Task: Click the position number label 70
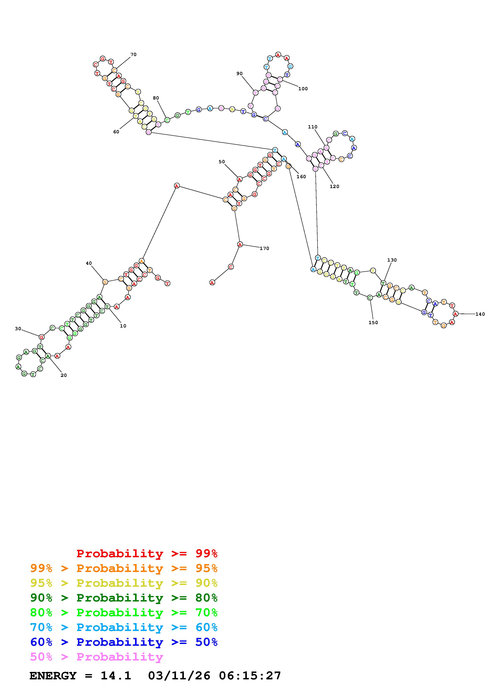tap(133, 55)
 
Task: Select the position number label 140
tap(480, 314)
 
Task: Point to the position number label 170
tap(264, 249)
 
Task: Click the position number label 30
tap(18, 329)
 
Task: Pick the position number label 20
tap(64, 375)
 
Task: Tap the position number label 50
tap(222, 162)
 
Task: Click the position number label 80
tap(156, 98)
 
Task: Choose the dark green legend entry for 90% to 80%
tap(124, 598)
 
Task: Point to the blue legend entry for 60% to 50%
tap(124, 642)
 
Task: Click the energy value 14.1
tap(116, 676)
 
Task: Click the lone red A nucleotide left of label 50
tap(177, 186)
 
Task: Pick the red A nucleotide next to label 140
tap(456, 314)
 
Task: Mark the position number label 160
tap(301, 177)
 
